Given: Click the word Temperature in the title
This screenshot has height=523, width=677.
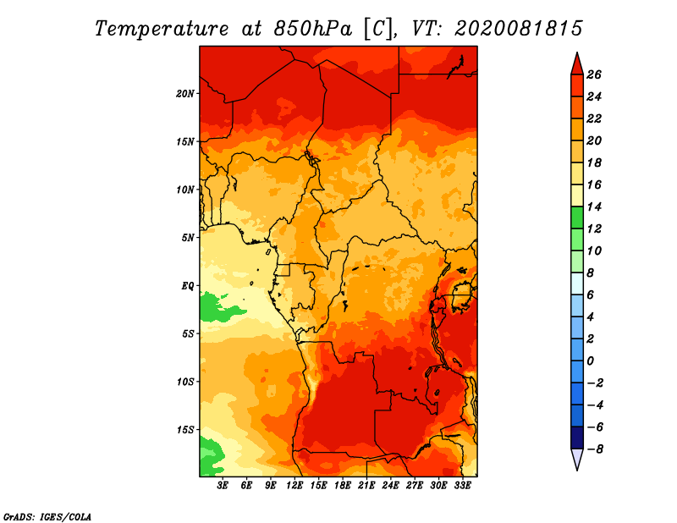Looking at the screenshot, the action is tap(162, 29).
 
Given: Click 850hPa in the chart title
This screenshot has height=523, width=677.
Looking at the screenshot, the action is tap(313, 29).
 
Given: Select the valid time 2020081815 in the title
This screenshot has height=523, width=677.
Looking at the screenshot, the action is tap(518, 29).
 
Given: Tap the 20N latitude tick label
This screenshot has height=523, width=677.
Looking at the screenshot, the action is tap(185, 94).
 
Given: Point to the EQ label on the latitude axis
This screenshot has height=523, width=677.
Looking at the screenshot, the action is tap(187, 286).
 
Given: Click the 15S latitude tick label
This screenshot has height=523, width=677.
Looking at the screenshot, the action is tap(185, 430).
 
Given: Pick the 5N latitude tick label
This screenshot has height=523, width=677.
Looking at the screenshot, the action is tap(188, 238).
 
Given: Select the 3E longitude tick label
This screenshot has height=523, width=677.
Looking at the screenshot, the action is tap(223, 485).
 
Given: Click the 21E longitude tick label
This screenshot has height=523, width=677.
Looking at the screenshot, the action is tap(366, 485).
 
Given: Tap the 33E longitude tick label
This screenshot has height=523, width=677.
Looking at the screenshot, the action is tap(462, 485).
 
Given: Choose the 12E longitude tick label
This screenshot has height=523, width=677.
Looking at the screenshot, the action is tap(294, 485).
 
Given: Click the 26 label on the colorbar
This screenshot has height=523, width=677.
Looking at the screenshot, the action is tap(594, 74).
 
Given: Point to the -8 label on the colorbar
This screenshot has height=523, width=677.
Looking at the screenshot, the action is tap(594, 449).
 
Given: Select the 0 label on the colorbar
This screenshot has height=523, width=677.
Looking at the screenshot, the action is tap(590, 361).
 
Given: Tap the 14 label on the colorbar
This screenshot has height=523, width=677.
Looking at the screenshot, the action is tap(594, 206).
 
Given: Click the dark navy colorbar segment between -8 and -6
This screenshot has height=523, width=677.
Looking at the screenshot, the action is tap(577, 438).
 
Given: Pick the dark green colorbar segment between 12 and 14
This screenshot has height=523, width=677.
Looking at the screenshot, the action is tap(577, 217).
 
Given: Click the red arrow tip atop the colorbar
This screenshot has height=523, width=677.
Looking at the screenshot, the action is tap(577, 53).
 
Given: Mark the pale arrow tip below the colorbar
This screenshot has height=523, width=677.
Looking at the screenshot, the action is tap(577, 470).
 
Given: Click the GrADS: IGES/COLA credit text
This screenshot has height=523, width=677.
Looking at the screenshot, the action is tap(47, 516).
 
